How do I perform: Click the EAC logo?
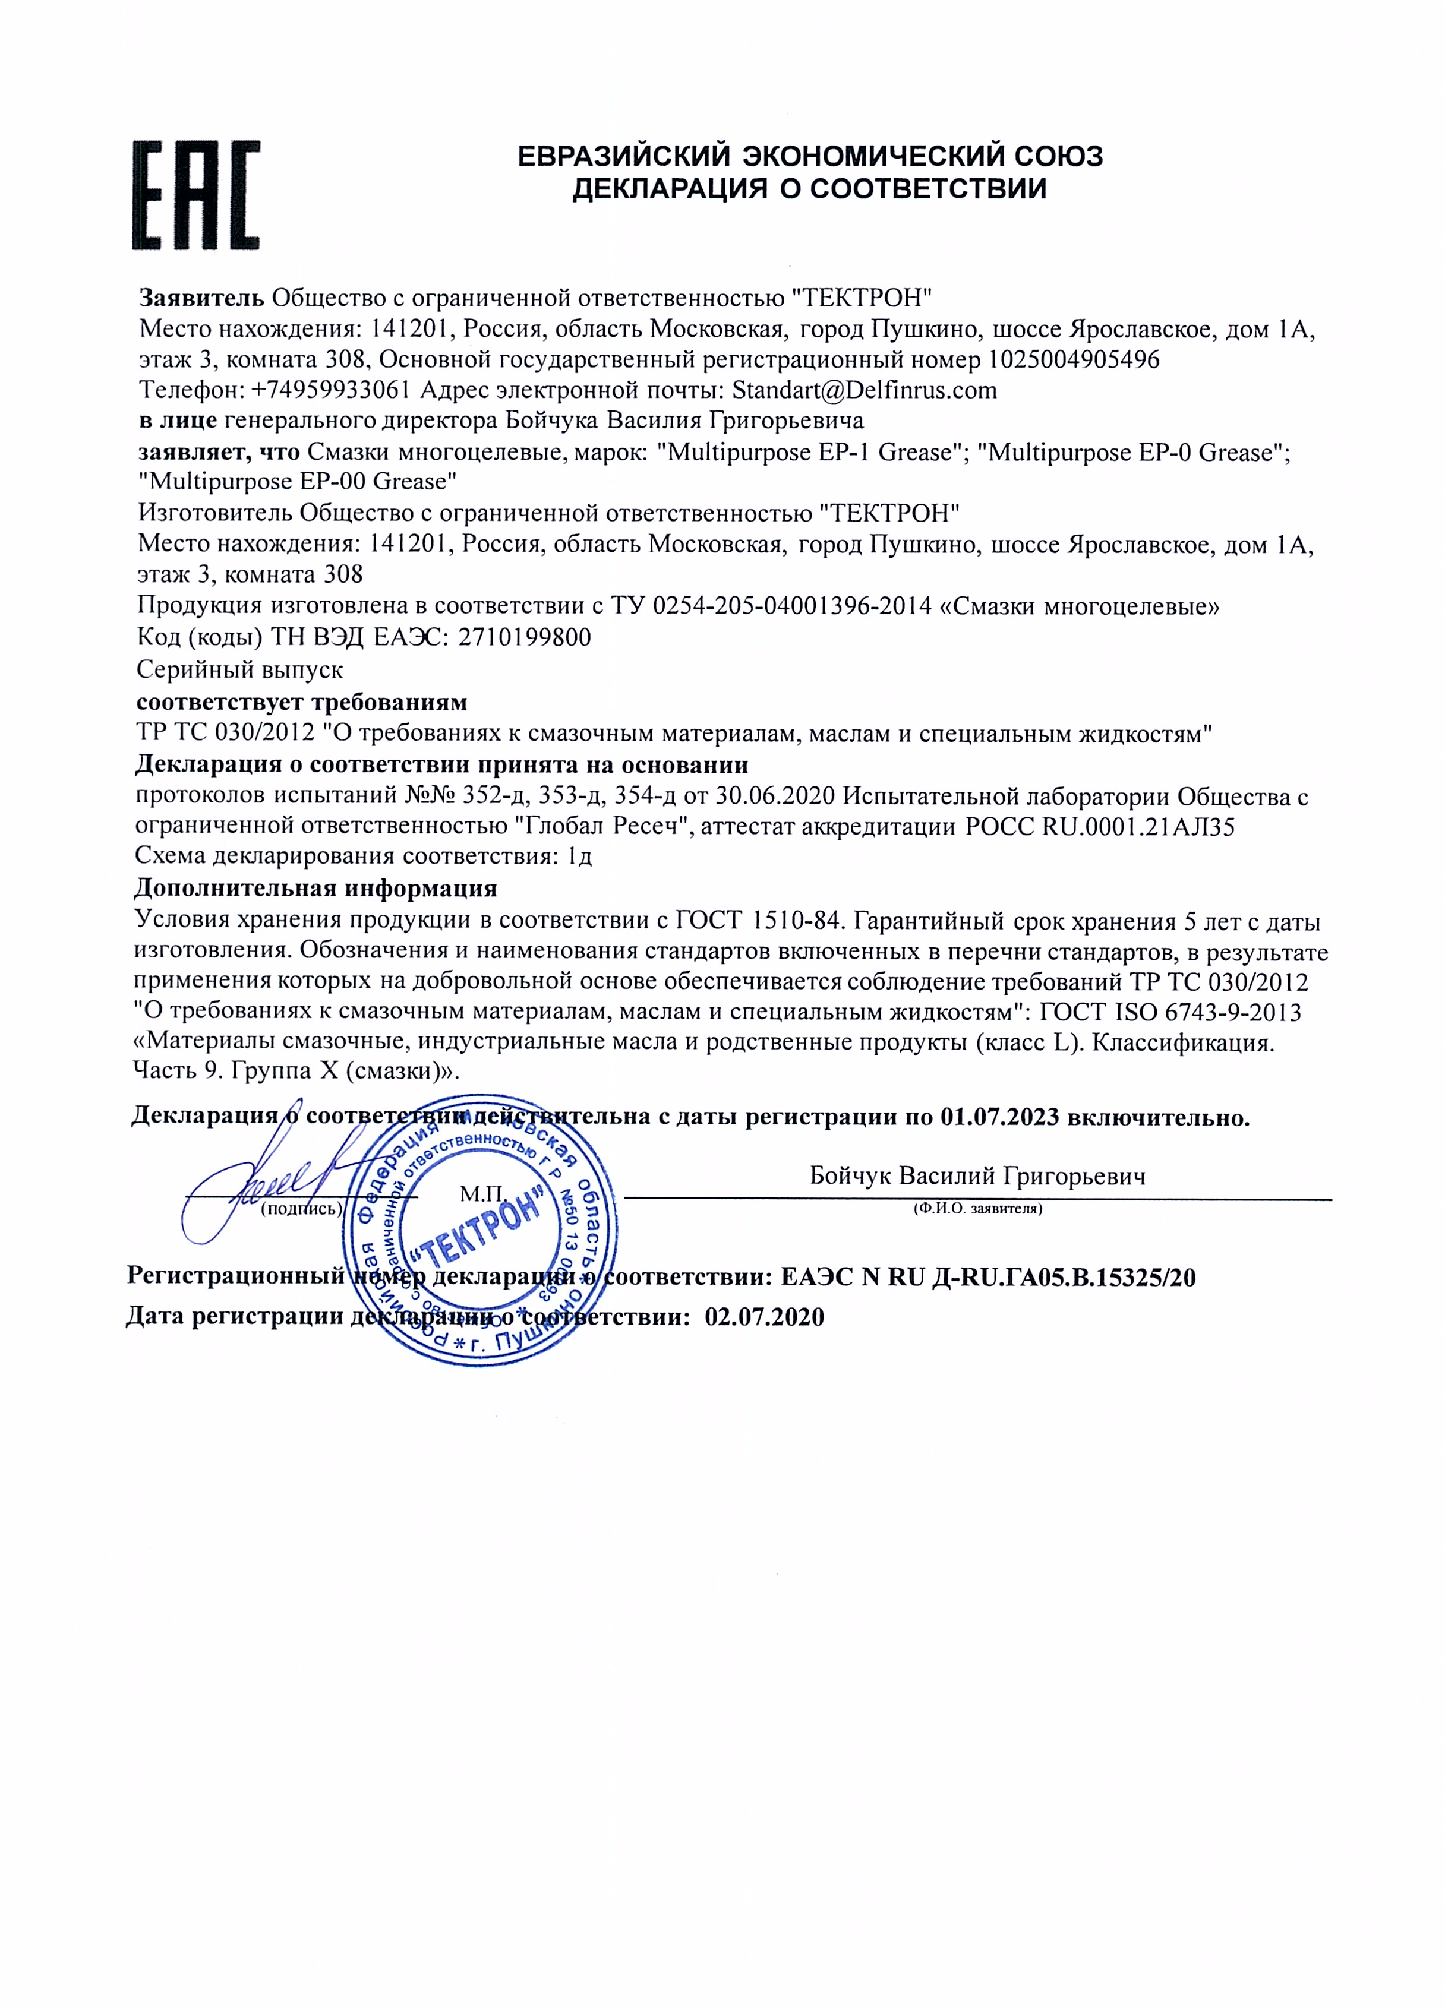pos(196,195)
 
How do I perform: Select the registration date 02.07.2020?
pos(764,1317)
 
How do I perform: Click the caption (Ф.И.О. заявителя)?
pos(978,1209)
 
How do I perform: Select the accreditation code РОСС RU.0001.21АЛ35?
pos(1099,827)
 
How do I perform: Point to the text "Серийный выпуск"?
pos(240,669)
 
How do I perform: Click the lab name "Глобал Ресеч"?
pos(604,827)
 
